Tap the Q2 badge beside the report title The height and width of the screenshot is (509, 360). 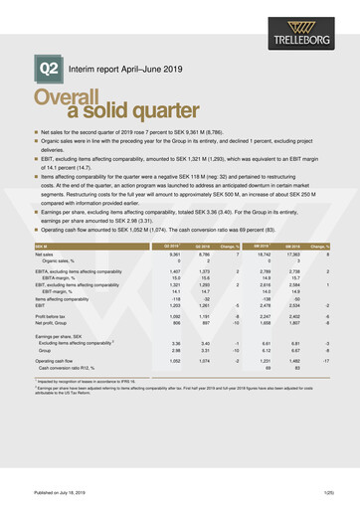49,69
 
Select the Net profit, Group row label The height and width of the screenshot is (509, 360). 54,322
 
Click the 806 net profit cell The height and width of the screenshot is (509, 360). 175,322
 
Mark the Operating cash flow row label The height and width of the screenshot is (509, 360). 55,361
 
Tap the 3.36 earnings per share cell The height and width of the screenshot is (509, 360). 174,343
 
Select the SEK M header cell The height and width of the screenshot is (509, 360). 41,244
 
